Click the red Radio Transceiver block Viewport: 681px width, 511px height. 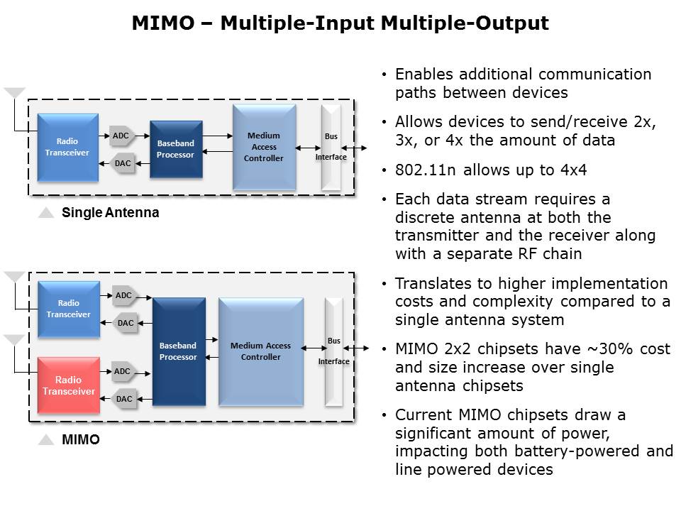(x=69, y=385)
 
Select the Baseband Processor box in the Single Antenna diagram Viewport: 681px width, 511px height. (x=176, y=149)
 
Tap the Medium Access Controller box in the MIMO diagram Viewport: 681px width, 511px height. (x=260, y=351)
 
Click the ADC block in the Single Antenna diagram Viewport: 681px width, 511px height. (x=121, y=136)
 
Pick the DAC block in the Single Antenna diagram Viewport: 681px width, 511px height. (x=123, y=163)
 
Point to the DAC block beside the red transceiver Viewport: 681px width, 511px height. (x=125, y=399)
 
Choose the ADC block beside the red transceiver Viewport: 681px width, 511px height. (x=123, y=371)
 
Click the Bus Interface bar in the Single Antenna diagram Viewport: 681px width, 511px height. (x=331, y=148)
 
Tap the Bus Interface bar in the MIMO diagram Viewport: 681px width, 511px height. (x=333, y=351)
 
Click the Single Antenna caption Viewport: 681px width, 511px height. (x=111, y=212)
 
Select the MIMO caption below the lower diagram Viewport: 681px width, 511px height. (x=81, y=439)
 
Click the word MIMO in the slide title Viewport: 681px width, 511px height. (x=163, y=23)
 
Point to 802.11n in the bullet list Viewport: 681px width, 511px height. (x=425, y=170)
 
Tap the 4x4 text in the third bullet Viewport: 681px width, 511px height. (x=573, y=170)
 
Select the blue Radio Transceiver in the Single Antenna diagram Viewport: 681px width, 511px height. (x=68, y=148)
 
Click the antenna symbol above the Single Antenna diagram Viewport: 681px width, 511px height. (x=14, y=93)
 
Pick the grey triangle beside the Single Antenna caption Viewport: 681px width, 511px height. (x=46, y=212)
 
